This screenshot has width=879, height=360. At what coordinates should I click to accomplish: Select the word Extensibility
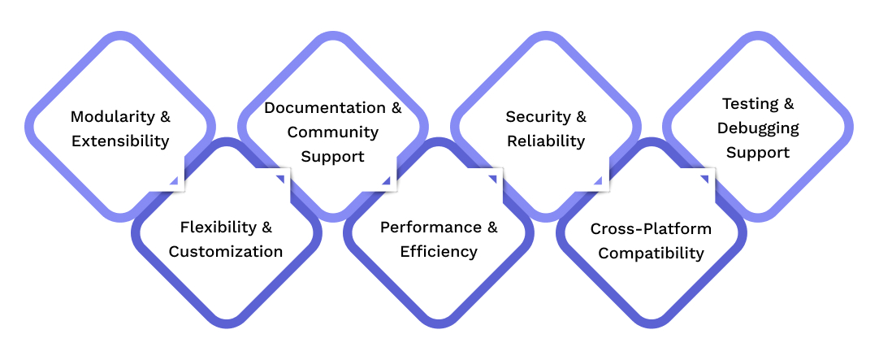pyautogui.click(x=120, y=141)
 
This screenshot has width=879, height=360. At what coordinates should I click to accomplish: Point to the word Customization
pyautogui.click(x=226, y=252)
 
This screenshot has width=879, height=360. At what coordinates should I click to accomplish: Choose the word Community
pyautogui.click(x=333, y=132)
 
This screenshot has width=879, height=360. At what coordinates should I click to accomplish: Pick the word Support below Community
pyautogui.click(x=333, y=156)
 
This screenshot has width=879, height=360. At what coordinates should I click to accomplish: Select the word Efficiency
pyautogui.click(x=439, y=252)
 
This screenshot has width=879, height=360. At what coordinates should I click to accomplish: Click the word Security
pyautogui.click(x=537, y=116)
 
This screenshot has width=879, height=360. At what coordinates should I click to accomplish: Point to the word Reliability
pyautogui.click(x=546, y=141)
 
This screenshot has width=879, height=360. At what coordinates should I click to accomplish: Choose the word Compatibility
pyautogui.click(x=651, y=254)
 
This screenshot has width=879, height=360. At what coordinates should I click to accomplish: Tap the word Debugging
pyautogui.click(x=758, y=128)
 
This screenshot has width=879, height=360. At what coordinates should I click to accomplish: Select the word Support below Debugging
pyautogui.click(x=758, y=153)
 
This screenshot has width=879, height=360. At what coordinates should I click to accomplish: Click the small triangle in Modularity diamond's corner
pyautogui.click(x=173, y=180)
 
